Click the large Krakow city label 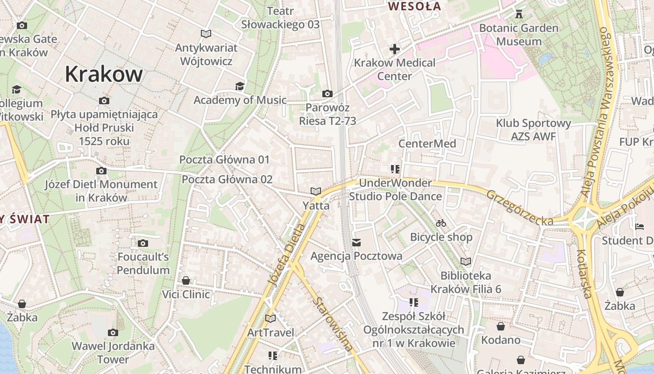pos(103,74)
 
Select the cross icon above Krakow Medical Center pos(395,49)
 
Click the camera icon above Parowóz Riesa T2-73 pos(327,94)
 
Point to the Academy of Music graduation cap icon pos(240,86)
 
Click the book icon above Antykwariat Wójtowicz pos(206,34)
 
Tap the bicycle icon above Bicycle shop pos(441,223)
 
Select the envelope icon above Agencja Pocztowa pos(356,242)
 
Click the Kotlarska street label pos(584,273)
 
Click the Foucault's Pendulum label pos(143,263)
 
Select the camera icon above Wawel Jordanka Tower pos(113,333)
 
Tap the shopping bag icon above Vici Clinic pos(186,280)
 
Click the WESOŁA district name pos(414,7)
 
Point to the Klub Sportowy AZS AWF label pos(533,130)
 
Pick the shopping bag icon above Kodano pos(501,326)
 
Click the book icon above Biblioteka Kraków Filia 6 pos(466,261)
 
